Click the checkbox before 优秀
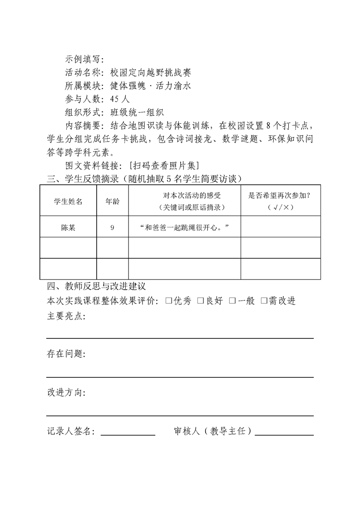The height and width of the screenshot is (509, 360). [x=168, y=301]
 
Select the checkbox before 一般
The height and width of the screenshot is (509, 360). [x=232, y=301]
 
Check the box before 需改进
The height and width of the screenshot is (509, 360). [x=264, y=301]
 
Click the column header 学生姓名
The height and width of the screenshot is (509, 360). [x=68, y=201]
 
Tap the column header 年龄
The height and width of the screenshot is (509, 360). [x=112, y=201]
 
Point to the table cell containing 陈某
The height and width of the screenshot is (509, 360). [x=68, y=227]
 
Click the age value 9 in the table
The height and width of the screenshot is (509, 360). [x=112, y=227]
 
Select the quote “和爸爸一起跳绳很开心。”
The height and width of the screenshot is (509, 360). [x=184, y=227]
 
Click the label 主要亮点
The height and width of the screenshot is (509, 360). [x=65, y=316]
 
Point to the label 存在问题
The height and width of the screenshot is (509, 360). [x=65, y=354]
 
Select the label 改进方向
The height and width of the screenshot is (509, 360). [x=65, y=392]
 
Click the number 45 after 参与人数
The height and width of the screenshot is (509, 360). [x=115, y=98]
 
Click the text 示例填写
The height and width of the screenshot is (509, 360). [x=84, y=59]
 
